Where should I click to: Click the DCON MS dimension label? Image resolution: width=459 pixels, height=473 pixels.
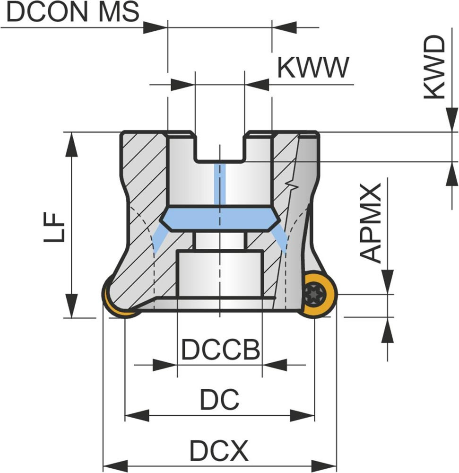(73, 13)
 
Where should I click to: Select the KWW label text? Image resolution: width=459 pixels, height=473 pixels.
(312, 68)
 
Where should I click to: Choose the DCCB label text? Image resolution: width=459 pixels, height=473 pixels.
(221, 350)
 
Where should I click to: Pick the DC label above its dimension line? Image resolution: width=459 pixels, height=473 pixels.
(219, 400)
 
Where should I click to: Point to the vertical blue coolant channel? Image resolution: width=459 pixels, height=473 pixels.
(219, 184)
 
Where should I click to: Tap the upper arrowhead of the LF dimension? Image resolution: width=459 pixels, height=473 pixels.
(71, 144)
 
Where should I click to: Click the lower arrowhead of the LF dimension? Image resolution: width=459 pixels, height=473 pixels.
(71, 306)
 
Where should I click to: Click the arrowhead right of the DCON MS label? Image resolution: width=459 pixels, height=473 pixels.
(156, 27)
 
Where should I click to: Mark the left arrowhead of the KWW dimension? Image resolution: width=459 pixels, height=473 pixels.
(182, 85)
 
